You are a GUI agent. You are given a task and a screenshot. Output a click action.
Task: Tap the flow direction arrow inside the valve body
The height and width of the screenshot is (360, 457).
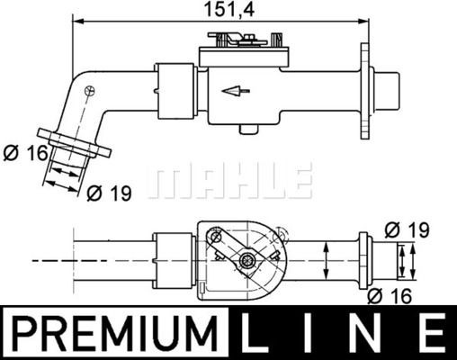coord(236,91)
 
